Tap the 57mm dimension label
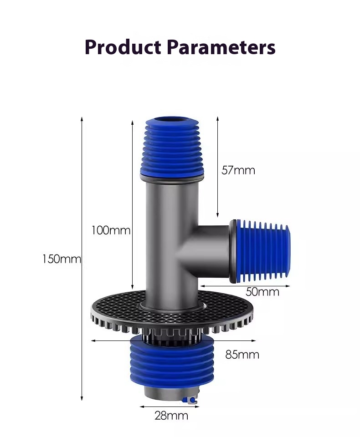[238, 170]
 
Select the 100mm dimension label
[111, 230]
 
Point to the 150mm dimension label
[62, 259]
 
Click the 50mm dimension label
[262, 292]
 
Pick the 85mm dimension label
[242, 354]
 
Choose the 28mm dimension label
[171, 415]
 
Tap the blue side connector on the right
[264, 250]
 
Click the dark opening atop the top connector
[171, 121]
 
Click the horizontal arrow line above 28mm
[170, 407]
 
